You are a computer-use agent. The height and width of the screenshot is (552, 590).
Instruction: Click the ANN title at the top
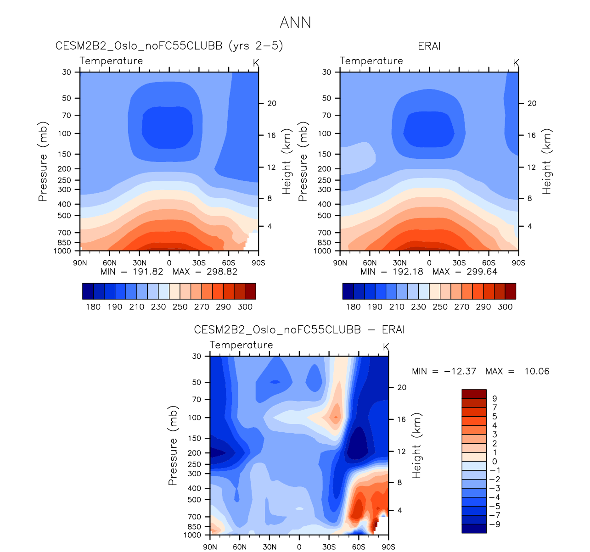click(295, 22)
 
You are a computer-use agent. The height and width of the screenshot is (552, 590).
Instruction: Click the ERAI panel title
click(429, 46)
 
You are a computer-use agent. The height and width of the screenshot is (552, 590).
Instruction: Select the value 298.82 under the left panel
click(222, 272)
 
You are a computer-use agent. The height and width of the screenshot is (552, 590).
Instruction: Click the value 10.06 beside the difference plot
click(537, 371)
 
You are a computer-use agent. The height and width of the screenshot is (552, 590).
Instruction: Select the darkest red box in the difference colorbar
click(473, 394)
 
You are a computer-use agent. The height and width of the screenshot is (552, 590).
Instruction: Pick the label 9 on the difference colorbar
click(494, 399)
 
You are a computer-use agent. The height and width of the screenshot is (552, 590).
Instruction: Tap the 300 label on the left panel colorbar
click(245, 307)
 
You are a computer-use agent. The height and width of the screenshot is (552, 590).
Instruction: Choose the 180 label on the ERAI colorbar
click(353, 307)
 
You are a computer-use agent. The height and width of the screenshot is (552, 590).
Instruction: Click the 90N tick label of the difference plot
click(210, 547)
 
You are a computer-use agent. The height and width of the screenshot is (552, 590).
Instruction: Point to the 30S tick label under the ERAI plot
click(459, 263)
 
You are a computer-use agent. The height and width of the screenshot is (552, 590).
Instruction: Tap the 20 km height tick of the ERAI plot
click(532, 103)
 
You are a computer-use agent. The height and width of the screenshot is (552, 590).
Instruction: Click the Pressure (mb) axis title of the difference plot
click(173, 445)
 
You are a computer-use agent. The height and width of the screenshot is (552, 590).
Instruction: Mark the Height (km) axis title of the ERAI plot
click(546, 161)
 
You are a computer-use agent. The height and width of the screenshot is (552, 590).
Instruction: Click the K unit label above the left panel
click(256, 63)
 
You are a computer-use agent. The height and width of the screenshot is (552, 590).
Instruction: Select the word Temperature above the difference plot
click(241, 345)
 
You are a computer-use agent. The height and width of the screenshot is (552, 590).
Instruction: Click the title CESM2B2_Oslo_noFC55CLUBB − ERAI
click(299, 330)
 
